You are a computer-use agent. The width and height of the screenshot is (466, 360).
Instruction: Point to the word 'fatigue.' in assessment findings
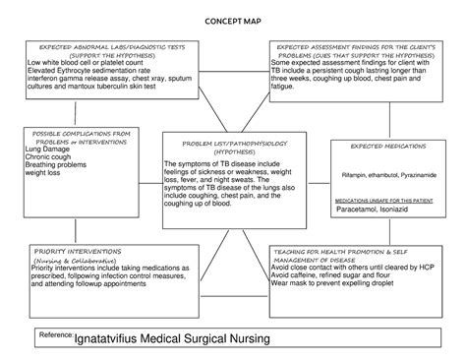pyautogui.click(x=285, y=89)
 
